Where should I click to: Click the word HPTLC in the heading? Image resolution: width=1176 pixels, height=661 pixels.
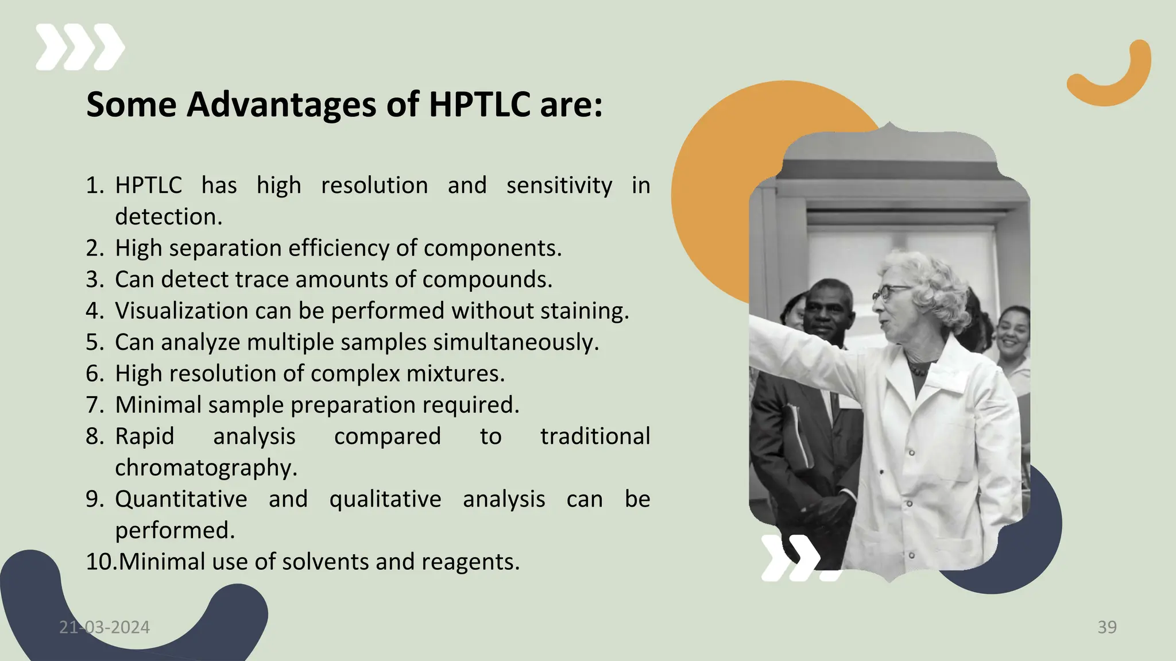point(479,105)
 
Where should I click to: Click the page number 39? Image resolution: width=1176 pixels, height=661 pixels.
point(1107,627)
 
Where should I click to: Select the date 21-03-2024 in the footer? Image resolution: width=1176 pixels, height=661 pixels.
point(105,627)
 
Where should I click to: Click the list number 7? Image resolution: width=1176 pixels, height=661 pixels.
point(94,405)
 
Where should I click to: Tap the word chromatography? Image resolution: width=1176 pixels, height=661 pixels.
point(206,467)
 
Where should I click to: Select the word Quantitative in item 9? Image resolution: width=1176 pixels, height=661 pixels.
point(181,499)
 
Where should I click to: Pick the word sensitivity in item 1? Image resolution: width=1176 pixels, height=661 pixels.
point(559,185)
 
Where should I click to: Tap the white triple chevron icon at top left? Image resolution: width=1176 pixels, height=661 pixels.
point(80,47)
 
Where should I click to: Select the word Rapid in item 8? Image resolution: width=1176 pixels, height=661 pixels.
point(144,436)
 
